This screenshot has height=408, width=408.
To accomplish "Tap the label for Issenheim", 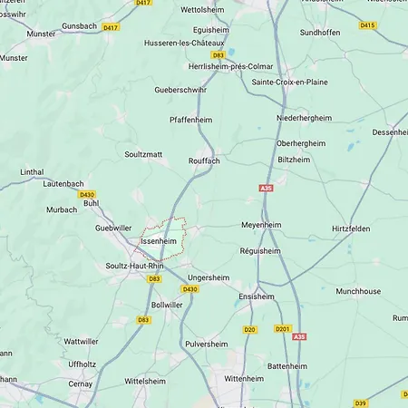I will [x=158, y=242].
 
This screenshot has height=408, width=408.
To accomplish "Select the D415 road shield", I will [x=367, y=25].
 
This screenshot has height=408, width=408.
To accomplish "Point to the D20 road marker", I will [x=250, y=329].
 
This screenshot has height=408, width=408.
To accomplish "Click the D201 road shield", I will [x=282, y=329].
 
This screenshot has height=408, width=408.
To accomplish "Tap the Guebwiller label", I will [x=113, y=228].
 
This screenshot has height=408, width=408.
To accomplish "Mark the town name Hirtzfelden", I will [x=351, y=229].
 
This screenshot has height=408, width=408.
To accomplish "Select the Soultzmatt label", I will [x=143, y=154].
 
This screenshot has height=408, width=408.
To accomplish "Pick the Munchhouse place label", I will [x=358, y=292].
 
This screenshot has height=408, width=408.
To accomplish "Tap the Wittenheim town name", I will [x=244, y=378].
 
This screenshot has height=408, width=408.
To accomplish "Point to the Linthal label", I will [x=32, y=171].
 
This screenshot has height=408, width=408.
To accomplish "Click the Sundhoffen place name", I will [x=320, y=32].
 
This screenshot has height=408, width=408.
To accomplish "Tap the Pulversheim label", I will [x=207, y=345].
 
